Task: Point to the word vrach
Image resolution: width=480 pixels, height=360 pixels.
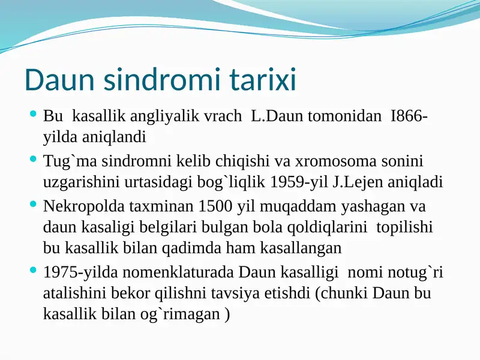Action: (x=224, y=116)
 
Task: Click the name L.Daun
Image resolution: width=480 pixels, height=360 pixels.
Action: (x=277, y=116)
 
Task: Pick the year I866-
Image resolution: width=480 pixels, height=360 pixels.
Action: (x=409, y=116)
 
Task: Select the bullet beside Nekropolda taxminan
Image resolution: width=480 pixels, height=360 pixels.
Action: (x=33, y=205)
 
